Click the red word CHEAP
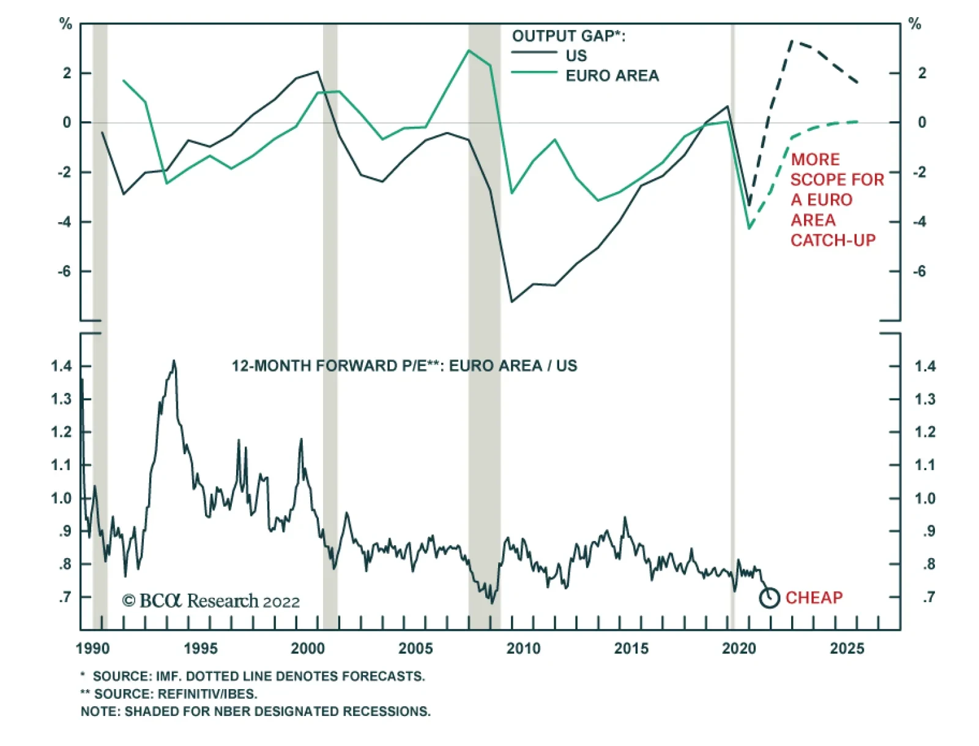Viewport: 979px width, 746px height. point(814,597)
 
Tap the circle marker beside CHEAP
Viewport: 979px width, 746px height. point(769,597)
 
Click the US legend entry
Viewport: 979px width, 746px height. point(576,56)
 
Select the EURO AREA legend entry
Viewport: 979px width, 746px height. point(612,76)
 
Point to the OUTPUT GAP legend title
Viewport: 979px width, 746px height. point(568,36)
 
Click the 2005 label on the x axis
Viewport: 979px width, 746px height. point(415,649)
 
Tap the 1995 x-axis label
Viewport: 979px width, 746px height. point(200,649)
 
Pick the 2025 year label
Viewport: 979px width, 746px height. point(847,649)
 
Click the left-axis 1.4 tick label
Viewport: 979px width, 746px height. point(61,366)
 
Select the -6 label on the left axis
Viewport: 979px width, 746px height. point(64,271)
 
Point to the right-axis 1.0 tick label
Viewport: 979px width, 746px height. point(925,498)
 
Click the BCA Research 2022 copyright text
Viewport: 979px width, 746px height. point(211,601)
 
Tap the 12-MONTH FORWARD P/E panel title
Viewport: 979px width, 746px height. point(404,366)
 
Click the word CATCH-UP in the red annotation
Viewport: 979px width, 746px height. point(833,241)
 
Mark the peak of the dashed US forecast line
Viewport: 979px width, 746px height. point(792,42)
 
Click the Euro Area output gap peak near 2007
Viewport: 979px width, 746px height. point(469,50)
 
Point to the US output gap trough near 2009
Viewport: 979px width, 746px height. point(512,302)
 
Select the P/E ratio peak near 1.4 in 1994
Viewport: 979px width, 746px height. point(174,361)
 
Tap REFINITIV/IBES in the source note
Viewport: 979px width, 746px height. point(207,694)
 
